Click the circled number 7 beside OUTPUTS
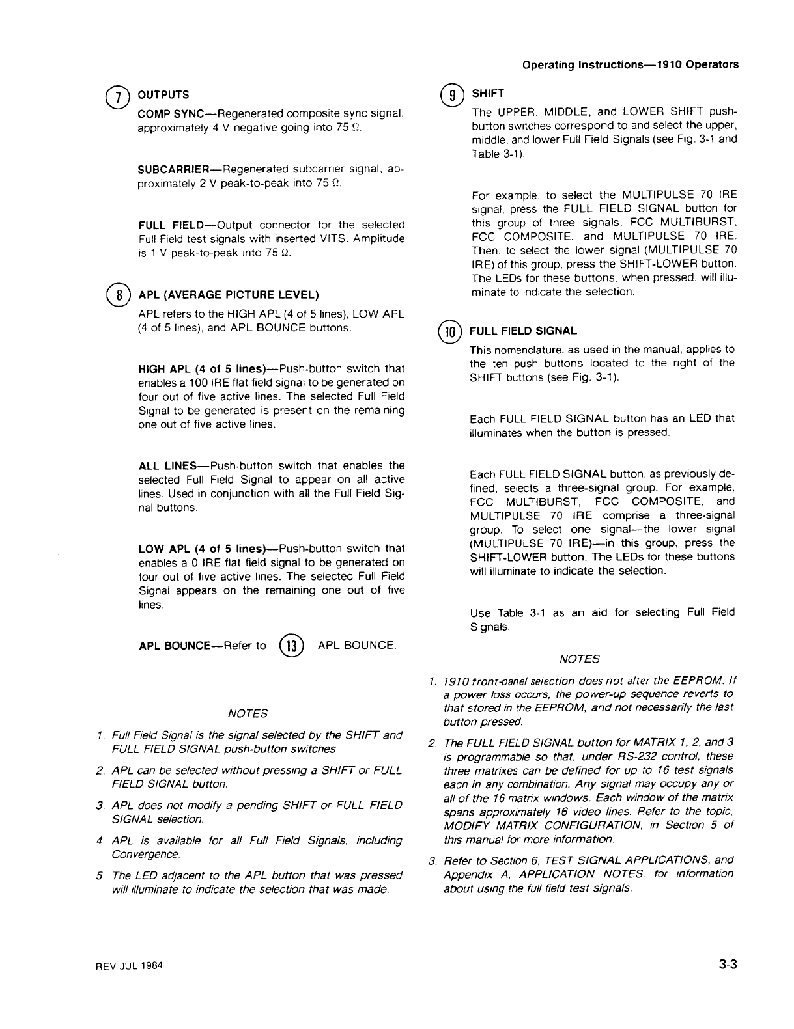[x=120, y=96]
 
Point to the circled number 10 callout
[x=449, y=331]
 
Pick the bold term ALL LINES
[x=167, y=465]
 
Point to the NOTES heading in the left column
[x=248, y=713]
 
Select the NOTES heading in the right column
[x=580, y=659]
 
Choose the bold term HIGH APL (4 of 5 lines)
[x=196, y=369]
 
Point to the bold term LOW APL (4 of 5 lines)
[x=195, y=548]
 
